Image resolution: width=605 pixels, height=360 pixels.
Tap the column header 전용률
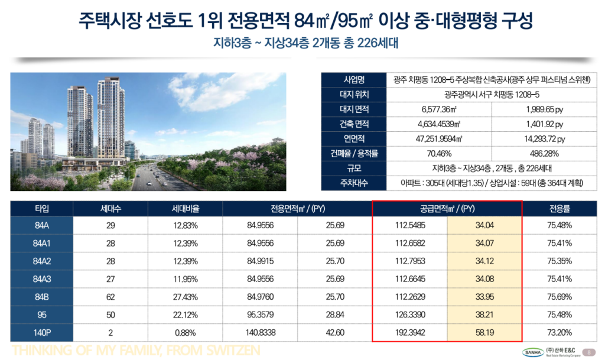tap(560, 209)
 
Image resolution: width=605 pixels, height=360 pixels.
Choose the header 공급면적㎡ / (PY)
tap(447, 209)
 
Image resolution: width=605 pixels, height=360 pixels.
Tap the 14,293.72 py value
tap(544, 139)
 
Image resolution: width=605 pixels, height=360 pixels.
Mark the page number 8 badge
tap(589, 352)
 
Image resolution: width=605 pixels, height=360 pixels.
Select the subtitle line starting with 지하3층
tap(302, 44)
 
